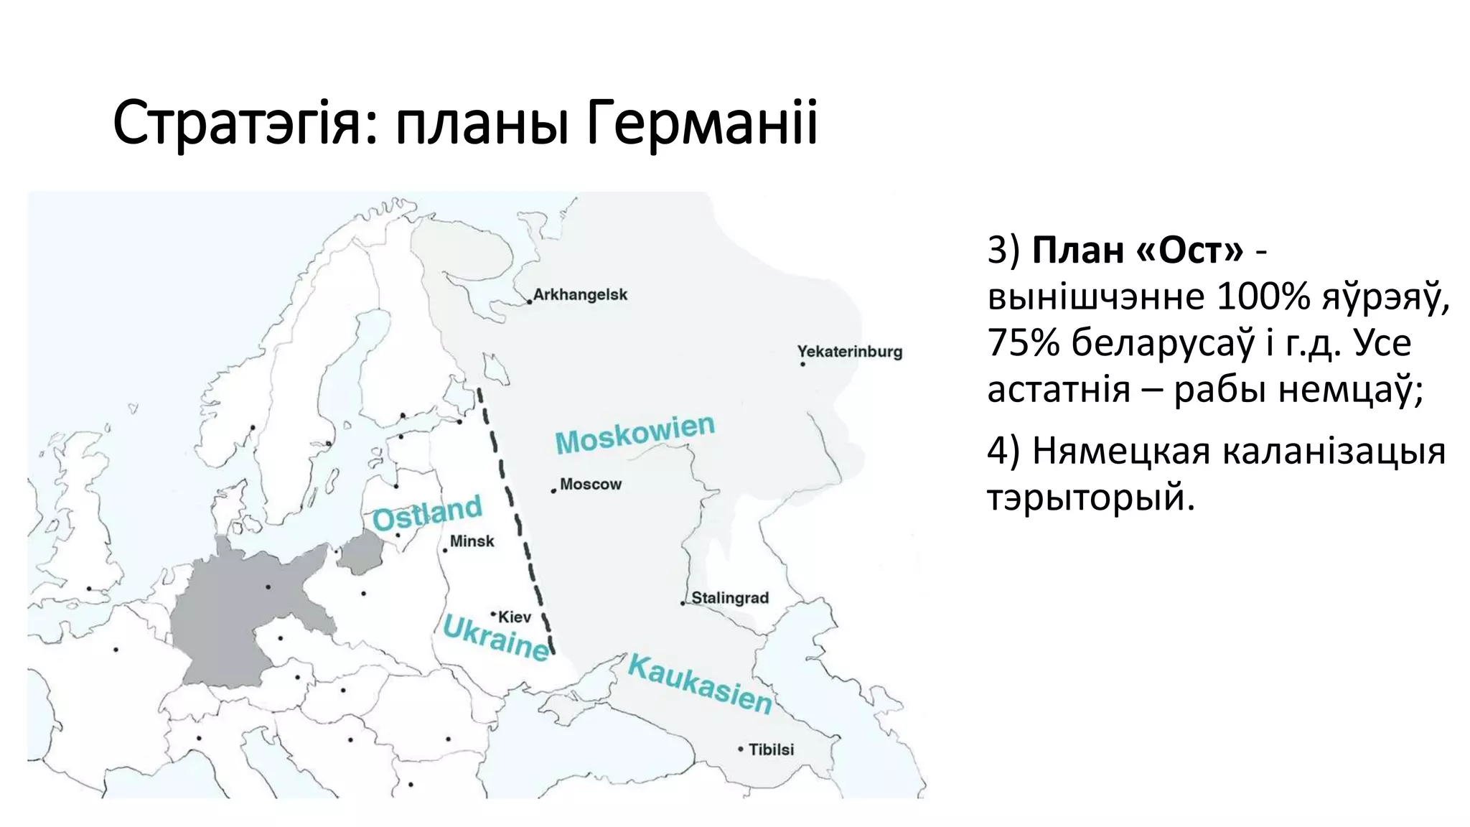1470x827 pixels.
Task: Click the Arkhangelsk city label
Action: pos(580,294)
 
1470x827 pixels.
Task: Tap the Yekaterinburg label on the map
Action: pos(849,352)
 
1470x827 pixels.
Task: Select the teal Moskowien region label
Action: pos(635,434)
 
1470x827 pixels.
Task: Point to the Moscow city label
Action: pos(591,485)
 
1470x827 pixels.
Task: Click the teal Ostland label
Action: pos(427,513)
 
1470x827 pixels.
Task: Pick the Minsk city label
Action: pos(472,541)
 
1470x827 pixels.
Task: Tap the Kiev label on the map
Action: pos(515,617)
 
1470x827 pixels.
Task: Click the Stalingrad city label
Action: pos(729,598)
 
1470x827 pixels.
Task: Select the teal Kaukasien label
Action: pos(700,683)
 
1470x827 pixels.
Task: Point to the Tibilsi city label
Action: pos(771,749)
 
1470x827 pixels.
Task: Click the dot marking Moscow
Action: pos(553,491)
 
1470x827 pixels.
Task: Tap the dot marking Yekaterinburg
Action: pos(802,364)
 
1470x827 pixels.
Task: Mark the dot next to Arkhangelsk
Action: pos(530,302)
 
